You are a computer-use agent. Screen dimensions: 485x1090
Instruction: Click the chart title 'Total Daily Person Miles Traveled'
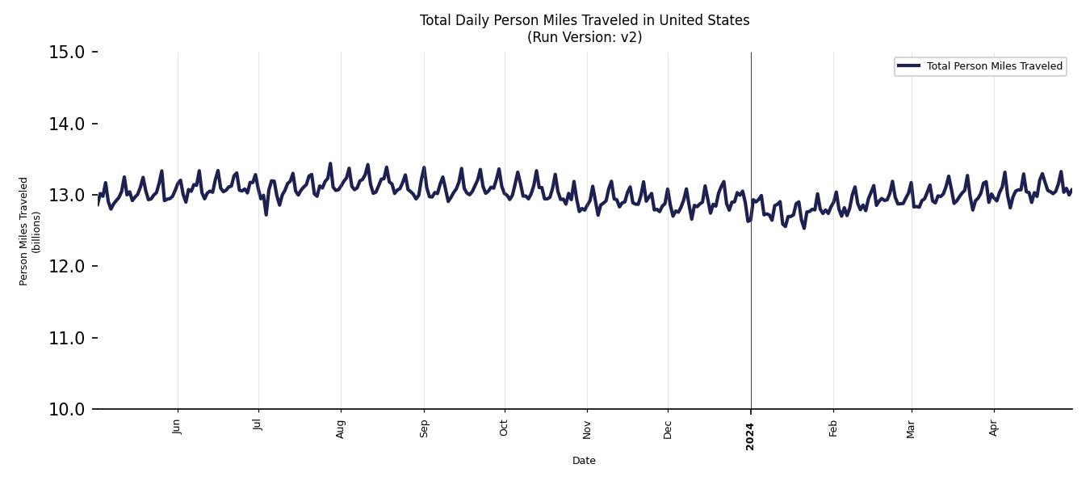pyautogui.click(x=584, y=20)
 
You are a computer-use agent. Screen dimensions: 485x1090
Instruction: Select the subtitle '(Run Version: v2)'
pyautogui.click(x=584, y=37)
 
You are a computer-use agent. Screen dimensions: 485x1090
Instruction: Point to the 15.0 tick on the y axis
pyautogui.click(x=68, y=53)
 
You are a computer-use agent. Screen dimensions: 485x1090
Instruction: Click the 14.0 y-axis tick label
pyautogui.click(x=68, y=124)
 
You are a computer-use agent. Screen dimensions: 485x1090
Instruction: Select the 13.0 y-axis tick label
pyautogui.click(x=68, y=195)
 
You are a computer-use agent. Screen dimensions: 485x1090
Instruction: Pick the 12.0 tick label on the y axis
pyautogui.click(x=68, y=267)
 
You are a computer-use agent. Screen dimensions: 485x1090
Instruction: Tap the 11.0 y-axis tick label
pyautogui.click(x=68, y=338)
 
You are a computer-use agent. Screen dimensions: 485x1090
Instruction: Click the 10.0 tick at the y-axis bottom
pyautogui.click(x=68, y=409)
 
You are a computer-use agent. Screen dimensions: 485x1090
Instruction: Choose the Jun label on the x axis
pyautogui.click(x=178, y=427)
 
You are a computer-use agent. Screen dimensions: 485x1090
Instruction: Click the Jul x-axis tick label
pyautogui.click(x=258, y=425)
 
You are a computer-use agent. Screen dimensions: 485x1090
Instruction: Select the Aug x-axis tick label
pyautogui.click(x=341, y=428)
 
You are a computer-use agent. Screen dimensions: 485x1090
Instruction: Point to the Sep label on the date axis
pyautogui.click(x=425, y=428)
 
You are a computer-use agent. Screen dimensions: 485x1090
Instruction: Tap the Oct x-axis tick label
pyautogui.click(x=505, y=427)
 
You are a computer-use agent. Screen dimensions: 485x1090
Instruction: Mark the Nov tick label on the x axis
pyautogui.click(x=587, y=428)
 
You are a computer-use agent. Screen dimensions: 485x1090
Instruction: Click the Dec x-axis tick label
pyautogui.click(x=668, y=428)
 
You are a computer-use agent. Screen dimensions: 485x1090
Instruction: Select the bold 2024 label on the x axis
pyautogui.click(x=750, y=436)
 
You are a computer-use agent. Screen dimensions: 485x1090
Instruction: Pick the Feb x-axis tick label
pyautogui.click(x=833, y=428)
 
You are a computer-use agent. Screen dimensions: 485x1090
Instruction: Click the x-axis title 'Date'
pyautogui.click(x=584, y=461)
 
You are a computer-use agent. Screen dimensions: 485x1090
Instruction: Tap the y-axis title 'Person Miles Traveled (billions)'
pyautogui.click(x=29, y=231)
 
